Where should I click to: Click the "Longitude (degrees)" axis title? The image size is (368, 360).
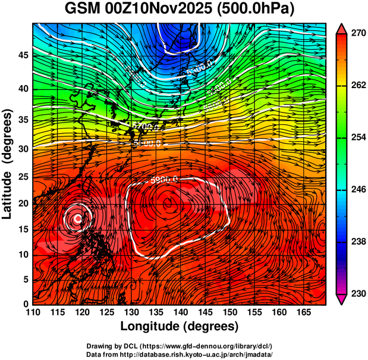click(180, 326)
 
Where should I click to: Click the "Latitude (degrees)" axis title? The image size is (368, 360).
click(8, 164)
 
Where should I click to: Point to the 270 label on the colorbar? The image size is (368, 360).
click(356, 34)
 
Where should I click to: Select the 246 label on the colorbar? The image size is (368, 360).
click(356, 190)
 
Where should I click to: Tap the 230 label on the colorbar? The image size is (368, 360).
click(356, 294)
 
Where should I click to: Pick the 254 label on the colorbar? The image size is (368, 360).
click(356, 138)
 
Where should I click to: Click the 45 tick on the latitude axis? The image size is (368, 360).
click(23, 55)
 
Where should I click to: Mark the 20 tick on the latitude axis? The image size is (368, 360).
click(23, 203)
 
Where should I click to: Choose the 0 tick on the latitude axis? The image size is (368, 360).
click(25, 304)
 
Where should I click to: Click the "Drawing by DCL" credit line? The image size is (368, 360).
click(180, 346)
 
